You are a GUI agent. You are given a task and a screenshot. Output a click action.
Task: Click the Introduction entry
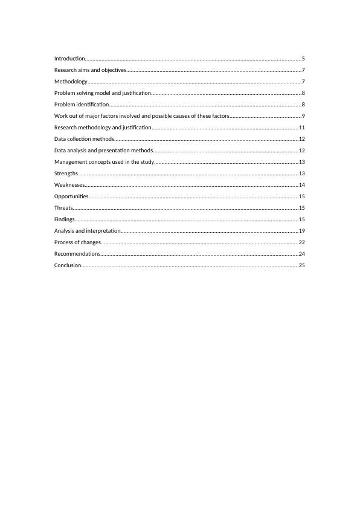click(x=69, y=59)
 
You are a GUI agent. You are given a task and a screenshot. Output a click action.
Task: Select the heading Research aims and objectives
click(x=90, y=70)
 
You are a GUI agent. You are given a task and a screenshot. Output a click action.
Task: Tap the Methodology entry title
click(x=71, y=82)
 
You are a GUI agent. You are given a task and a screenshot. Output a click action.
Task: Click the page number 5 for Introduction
click(x=303, y=59)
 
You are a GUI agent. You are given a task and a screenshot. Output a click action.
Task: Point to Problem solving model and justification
click(x=102, y=93)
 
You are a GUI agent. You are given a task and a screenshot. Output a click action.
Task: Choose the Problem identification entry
click(x=82, y=105)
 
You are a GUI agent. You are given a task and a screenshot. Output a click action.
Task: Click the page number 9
click(x=303, y=116)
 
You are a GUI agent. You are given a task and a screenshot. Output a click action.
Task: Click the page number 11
click(x=301, y=128)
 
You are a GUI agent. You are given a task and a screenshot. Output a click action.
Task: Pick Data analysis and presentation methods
click(x=103, y=151)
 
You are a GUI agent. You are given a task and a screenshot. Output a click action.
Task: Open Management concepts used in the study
click(x=104, y=162)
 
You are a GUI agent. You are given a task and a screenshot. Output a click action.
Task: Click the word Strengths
click(x=66, y=173)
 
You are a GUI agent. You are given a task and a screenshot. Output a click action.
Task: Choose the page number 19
click(x=301, y=231)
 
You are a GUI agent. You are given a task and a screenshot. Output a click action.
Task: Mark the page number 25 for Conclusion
click(x=301, y=265)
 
